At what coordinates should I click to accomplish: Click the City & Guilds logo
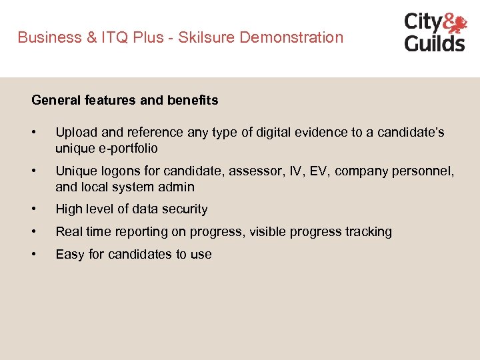[435, 32]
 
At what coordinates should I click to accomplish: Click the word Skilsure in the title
[208, 37]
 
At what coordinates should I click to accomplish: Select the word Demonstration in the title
[291, 37]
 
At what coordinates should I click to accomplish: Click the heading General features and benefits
[125, 101]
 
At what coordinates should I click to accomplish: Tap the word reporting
[142, 232]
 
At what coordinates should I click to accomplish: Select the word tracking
[369, 232]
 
